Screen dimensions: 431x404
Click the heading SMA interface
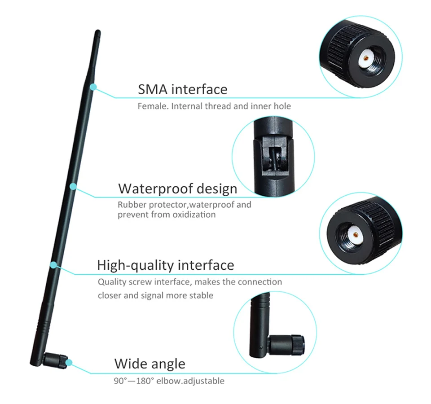pyautogui.click(x=182, y=89)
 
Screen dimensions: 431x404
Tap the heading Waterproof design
pyautogui.click(x=177, y=188)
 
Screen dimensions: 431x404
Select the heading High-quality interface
pyautogui.click(x=165, y=265)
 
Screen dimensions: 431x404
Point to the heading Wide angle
pyautogui.click(x=150, y=363)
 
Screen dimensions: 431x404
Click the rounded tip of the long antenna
pyautogui.click(x=97, y=33)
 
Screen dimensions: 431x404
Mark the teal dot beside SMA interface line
pyautogui.click(x=93, y=87)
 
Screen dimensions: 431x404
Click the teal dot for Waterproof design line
pyautogui.click(x=73, y=185)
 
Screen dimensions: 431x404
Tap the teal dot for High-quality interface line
pyautogui.click(x=53, y=265)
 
